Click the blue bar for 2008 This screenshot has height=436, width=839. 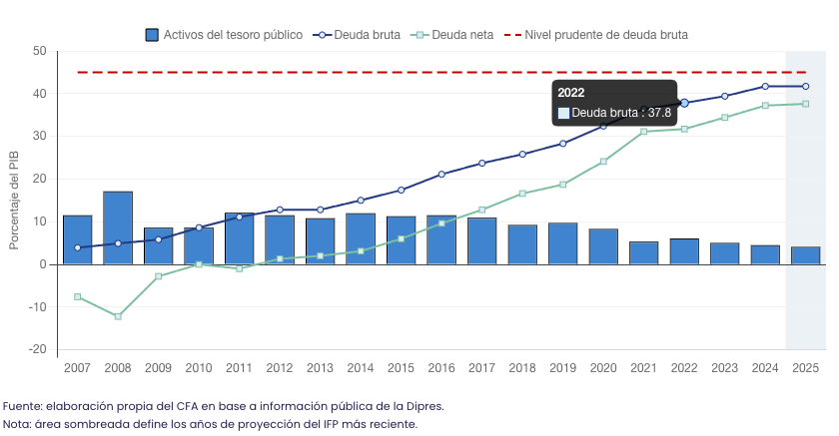pyautogui.click(x=118, y=227)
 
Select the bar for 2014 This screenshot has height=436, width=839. pyautogui.click(x=361, y=238)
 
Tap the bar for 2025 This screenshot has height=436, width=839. pyautogui.click(x=806, y=255)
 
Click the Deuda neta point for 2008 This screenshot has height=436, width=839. pyautogui.click(x=118, y=316)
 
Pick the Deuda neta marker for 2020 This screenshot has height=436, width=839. pyautogui.click(x=603, y=162)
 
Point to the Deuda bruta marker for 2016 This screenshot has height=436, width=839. pyautogui.click(x=441, y=175)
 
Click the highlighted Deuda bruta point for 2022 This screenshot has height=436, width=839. pyautogui.click(x=684, y=103)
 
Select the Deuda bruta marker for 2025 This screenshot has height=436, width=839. pyautogui.click(x=806, y=86)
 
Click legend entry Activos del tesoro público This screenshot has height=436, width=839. pyautogui.click(x=224, y=35)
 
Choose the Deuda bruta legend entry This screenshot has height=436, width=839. pyautogui.click(x=368, y=35)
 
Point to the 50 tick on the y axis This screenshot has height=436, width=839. pyautogui.click(x=39, y=51)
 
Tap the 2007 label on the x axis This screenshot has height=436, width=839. pyautogui.click(x=77, y=368)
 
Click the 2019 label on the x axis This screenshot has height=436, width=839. pyautogui.click(x=562, y=368)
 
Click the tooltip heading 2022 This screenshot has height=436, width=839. pyautogui.click(x=571, y=93)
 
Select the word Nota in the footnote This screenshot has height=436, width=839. pyautogui.click(x=18, y=424)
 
